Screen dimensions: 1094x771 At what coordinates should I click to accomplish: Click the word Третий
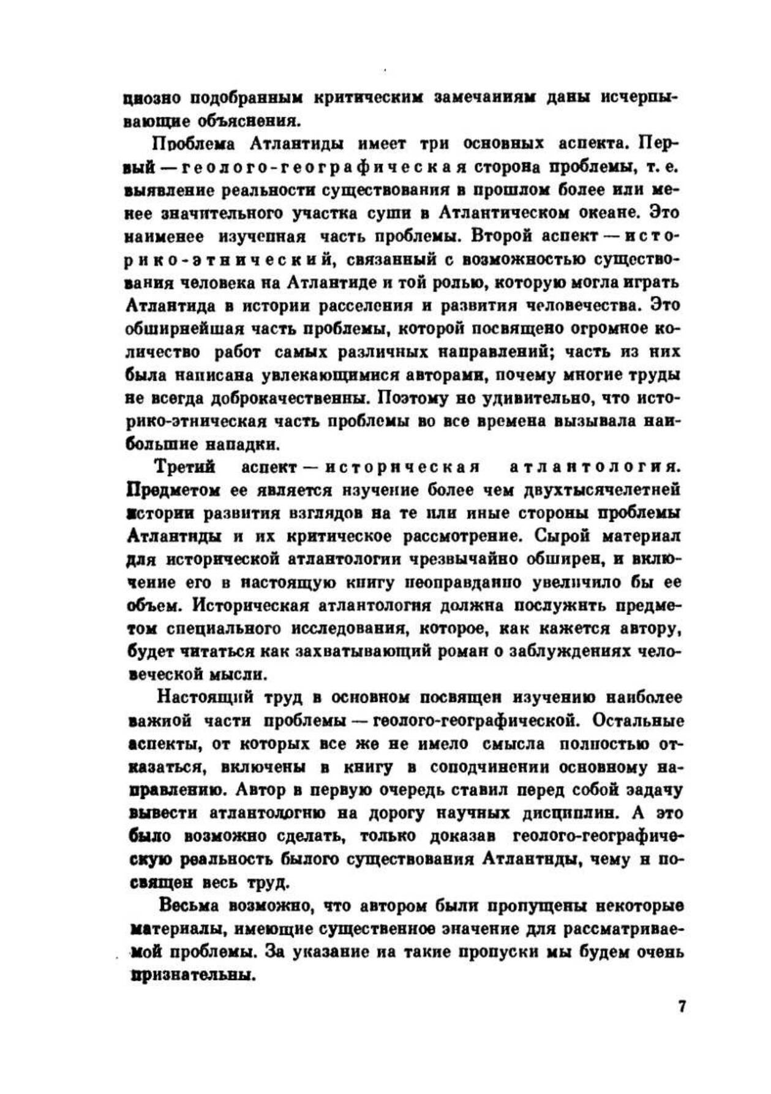[185, 467]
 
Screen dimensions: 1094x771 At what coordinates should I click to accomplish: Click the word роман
[449, 651]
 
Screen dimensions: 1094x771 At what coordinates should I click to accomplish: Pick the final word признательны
[190, 975]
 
